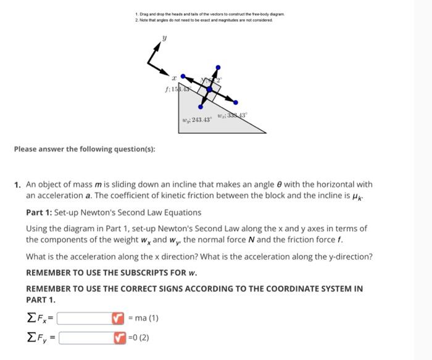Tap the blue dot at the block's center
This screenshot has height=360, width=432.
[x=209, y=90]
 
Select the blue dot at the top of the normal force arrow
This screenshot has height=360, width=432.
[x=217, y=67]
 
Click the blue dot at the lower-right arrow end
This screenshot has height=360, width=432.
[x=235, y=102]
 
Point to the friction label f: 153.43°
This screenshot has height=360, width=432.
[x=176, y=90]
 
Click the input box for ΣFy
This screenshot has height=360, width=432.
[x=86, y=337]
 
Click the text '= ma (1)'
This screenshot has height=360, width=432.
[x=143, y=318]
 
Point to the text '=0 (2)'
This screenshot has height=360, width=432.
[x=139, y=337]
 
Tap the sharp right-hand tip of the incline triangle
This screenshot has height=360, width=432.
[x=265, y=133]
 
